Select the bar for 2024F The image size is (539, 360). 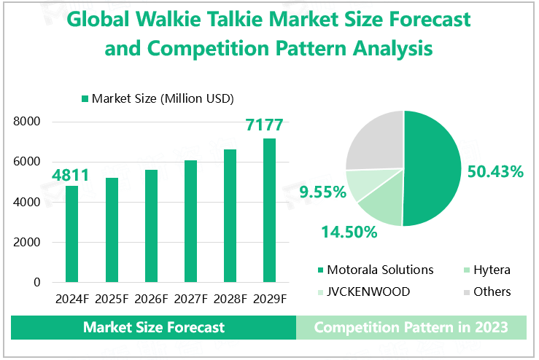click(71, 234)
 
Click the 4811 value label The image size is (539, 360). click(70, 176)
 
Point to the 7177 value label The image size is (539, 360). click(264, 125)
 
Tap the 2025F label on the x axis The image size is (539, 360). click(112, 299)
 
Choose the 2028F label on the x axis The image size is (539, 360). click(230, 299)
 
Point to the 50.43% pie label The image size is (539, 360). click(495, 172)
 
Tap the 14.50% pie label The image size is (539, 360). click(349, 232)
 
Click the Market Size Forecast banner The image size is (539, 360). click(154, 327)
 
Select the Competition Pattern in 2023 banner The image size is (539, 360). click(411, 327)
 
